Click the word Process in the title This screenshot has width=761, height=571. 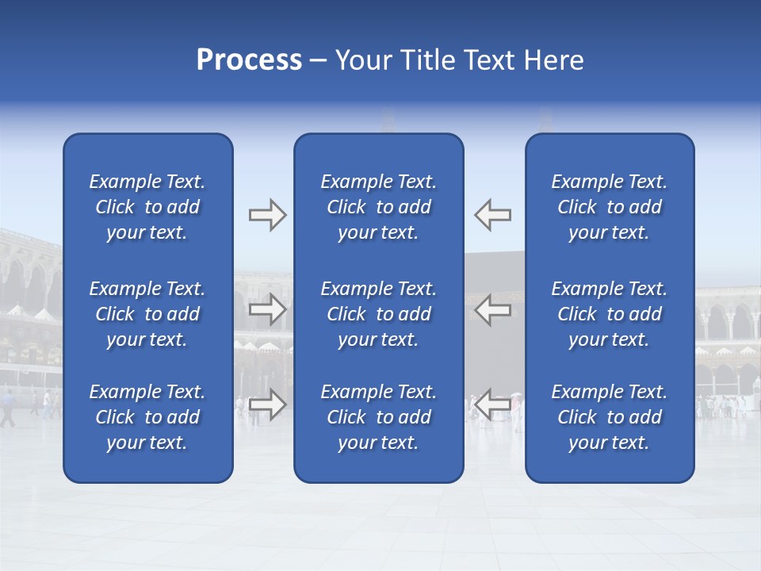point(249,60)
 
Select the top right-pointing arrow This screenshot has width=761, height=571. point(267,215)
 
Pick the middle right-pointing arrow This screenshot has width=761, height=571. point(267,309)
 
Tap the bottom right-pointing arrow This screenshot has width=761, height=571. point(267,404)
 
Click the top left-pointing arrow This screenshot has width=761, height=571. point(493,215)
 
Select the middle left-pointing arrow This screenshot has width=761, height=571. point(493,309)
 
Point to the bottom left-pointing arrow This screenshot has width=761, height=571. point(493,404)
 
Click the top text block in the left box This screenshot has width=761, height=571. point(147,207)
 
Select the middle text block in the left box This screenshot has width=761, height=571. point(147,314)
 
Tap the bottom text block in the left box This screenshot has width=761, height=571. point(147,417)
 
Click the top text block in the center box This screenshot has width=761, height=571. point(378,207)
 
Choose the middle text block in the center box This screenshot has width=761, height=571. point(378,314)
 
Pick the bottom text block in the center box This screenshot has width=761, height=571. point(378,417)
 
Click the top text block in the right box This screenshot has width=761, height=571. point(609,207)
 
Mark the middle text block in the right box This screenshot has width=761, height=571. point(609,314)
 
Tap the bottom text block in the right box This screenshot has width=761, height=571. point(609,417)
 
